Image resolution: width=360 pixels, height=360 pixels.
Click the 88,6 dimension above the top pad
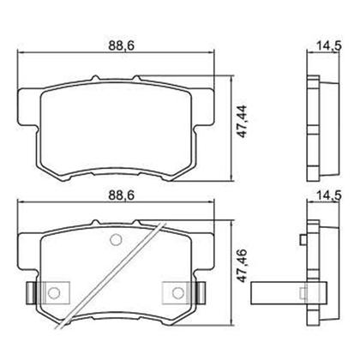(121, 46)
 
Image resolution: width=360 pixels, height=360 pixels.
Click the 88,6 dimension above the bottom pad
(121, 195)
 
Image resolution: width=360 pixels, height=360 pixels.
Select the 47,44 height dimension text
(243, 122)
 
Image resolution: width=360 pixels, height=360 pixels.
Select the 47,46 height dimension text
(243, 266)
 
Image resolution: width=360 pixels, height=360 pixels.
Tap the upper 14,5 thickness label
(328, 45)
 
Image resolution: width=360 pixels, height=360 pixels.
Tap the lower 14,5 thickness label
(328, 195)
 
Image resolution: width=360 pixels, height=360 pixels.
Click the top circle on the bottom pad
(116, 239)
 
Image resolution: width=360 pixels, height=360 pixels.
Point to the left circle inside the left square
(53, 292)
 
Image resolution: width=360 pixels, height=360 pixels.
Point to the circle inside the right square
(177, 292)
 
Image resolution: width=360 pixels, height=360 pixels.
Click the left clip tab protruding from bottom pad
(31, 292)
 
